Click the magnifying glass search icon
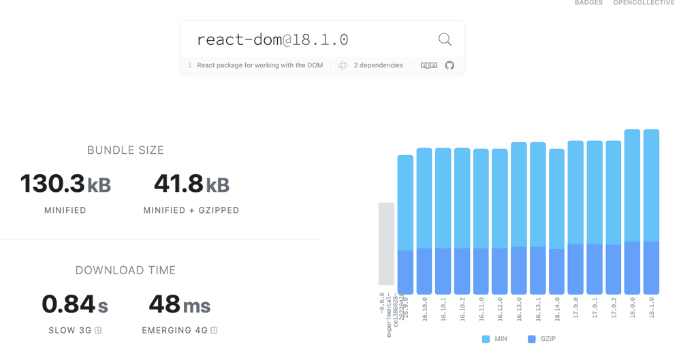tap(445, 39)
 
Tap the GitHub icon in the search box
tap(449, 65)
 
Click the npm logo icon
tap(429, 65)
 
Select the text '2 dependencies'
tap(378, 65)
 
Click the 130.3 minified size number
tap(52, 184)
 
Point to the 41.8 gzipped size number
tap(178, 184)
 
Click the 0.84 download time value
tap(68, 304)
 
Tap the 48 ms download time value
tap(165, 304)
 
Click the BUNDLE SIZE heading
tap(125, 150)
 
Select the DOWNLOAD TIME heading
tap(125, 270)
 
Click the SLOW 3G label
tap(72, 331)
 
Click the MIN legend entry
tap(495, 339)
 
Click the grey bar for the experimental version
tap(386, 244)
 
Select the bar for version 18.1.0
tap(651, 211)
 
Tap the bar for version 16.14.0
tap(556, 221)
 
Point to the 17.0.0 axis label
tap(575, 307)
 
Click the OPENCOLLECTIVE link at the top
tap(644, 3)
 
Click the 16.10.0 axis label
tap(424, 308)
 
